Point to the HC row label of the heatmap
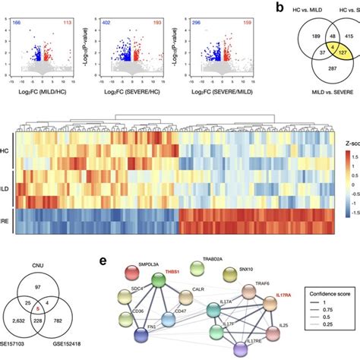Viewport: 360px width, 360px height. click(x=6, y=151)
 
